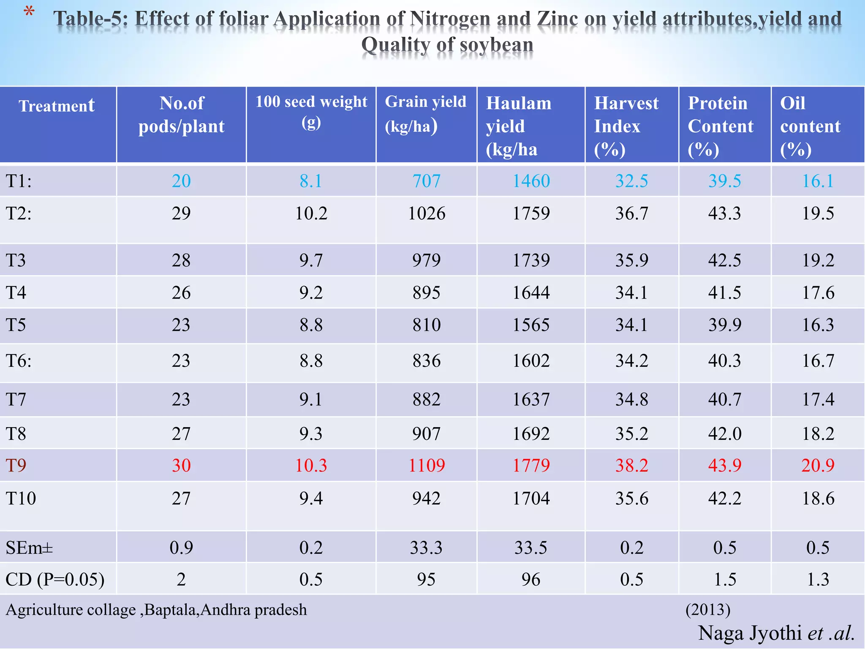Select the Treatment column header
[x=57, y=106]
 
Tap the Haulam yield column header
[x=519, y=126]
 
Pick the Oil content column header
[x=810, y=126]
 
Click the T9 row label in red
[x=16, y=465]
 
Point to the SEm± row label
[x=29, y=548]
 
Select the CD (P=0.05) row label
[x=55, y=579]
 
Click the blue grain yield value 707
[x=426, y=181]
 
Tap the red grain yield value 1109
[x=426, y=465]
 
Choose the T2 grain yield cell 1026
[x=426, y=213]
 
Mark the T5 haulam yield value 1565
[x=531, y=325]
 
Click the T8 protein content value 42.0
[x=724, y=434]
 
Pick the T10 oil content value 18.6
[x=818, y=499]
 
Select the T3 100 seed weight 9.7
[x=311, y=260]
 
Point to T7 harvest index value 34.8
[x=631, y=399]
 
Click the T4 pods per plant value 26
[x=181, y=293]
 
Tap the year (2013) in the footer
[x=708, y=609]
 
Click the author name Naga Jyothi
[x=750, y=633]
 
